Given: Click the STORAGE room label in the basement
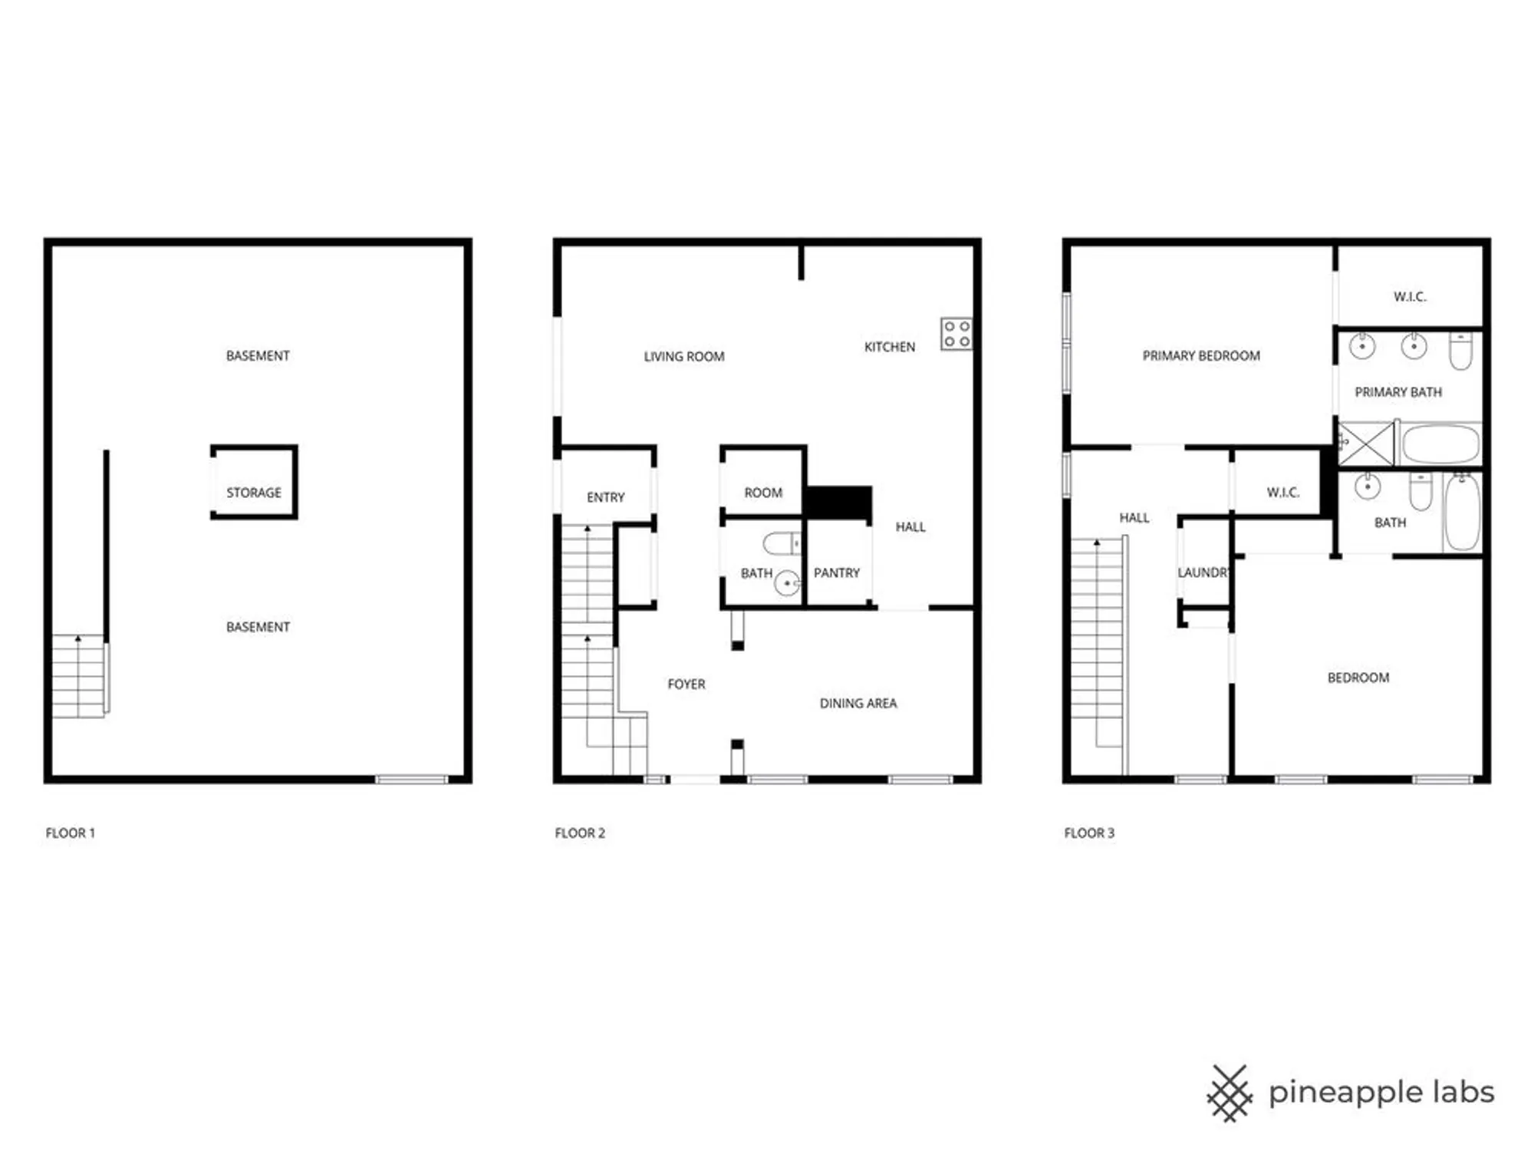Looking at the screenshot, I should [x=254, y=493].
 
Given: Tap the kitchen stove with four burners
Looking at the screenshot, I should [x=956, y=334].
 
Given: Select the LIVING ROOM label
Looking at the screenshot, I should [x=683, y=357].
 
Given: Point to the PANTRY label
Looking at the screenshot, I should [x=836, y=573].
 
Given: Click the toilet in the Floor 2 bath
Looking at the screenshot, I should [x=781, y=544].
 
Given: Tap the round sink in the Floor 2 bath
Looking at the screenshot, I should [x=787, y=584].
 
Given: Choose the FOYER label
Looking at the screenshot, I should [x=686, y=684].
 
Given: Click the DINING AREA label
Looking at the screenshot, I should [x=858, y=704].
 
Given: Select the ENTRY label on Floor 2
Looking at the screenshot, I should [x=605, y=498].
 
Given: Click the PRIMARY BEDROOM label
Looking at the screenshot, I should [x=1200, y=356].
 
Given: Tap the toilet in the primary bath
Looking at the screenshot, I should [x=1460, y=351].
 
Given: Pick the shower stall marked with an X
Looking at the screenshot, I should [x=1366, y=443].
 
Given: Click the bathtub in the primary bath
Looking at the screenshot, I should [x=1440, y=444].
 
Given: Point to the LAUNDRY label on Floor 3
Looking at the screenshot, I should [x=1203, y=573].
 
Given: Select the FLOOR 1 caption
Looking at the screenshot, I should [x=70, y=833].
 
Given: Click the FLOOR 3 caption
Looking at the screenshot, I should [x=1088, y=833].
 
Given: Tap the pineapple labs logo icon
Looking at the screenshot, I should [x=1230, y=1093].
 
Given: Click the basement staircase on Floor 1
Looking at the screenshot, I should [x=78, y=676].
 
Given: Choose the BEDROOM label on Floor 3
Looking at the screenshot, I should [x=1358, y=678].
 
